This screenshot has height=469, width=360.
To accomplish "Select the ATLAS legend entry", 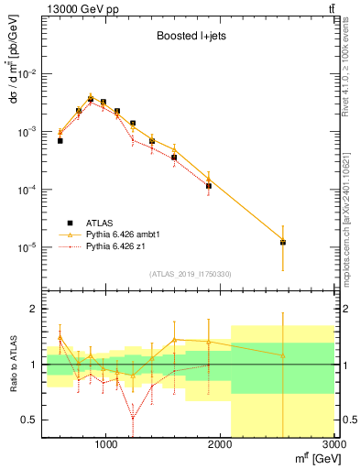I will click(x=101, y=223).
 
